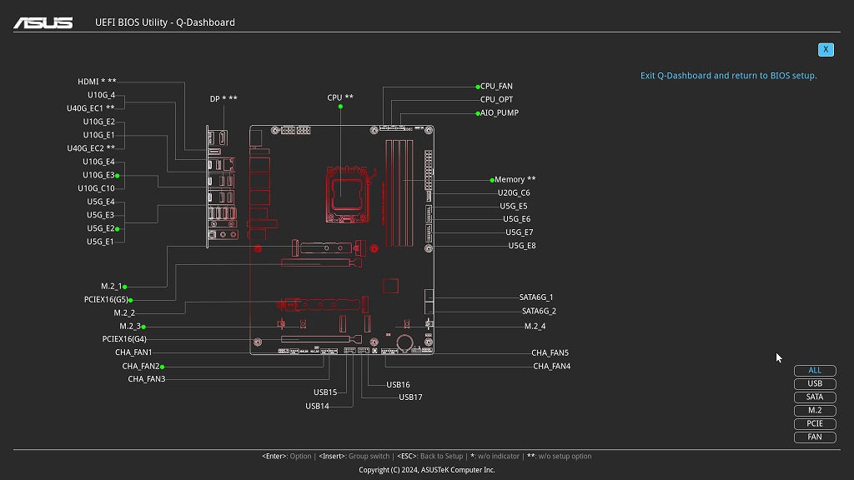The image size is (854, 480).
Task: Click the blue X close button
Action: pos(826,49)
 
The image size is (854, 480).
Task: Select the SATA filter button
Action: pos(815,397)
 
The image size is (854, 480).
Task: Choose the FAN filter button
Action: pos(815,437)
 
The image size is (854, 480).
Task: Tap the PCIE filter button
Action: pos(815,423)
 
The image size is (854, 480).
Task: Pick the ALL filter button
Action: pos(815,371)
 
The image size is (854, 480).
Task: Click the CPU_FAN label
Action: pos(496,86)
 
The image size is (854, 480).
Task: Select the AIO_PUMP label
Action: pos(500,112)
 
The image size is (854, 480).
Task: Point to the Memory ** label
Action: pos(515,180)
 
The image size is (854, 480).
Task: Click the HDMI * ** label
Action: pos(97,82)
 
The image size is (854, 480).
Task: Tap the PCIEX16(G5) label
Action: pos(106,299)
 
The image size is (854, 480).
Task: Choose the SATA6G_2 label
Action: pos(539,312)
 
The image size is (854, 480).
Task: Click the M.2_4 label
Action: pos(535,326)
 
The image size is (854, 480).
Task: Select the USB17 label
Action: pos(410,397)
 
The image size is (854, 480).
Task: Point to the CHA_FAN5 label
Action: pos(550,352)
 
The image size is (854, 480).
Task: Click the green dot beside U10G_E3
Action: pos(117,176)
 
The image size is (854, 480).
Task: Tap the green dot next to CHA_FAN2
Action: pos(163,367)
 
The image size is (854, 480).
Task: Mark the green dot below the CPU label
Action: pos(340,107)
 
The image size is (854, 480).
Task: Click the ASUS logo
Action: pos(43,22)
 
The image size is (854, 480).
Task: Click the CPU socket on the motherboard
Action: pos(347,194)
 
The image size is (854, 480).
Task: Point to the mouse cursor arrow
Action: pos(779,357)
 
